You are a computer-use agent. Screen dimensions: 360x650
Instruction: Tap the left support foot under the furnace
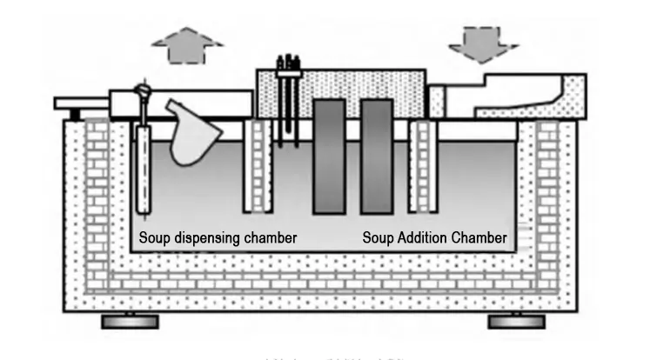[x=131, y=322]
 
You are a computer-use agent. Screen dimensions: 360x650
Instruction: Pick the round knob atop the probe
[x=144, y=89]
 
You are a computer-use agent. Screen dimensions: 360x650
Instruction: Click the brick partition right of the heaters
[x=422, y=165]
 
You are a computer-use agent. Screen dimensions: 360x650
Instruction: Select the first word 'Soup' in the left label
[x=154, y=237]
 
